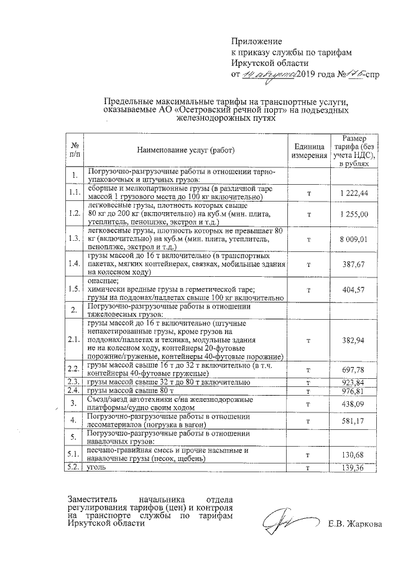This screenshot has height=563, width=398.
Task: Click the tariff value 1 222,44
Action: click(354, 193)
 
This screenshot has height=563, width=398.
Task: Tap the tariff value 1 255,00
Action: click(354, 215)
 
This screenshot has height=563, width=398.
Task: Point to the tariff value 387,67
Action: click(354, 263)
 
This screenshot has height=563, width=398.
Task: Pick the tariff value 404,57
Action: click(354, 289)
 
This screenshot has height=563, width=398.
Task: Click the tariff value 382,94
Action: click(354, 341)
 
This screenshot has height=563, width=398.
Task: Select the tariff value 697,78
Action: click(354, 370)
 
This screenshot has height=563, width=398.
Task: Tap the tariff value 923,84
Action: click(354, 381)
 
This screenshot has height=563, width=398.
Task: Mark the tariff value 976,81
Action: click(354, 391)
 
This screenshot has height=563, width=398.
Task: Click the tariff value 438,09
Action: click(354, 404)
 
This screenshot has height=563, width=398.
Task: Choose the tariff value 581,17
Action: click(354, 421)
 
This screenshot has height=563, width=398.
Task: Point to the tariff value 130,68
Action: click(354, 455)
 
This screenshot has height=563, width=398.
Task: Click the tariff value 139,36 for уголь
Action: click(354, 468)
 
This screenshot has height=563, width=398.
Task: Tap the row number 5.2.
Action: click(74, 467)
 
